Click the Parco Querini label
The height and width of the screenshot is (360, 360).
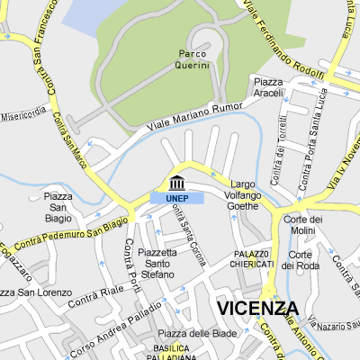point(193,59)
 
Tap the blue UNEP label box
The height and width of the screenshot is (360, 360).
point(176,198)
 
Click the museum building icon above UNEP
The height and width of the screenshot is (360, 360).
point(176,182)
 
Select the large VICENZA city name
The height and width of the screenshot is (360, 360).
point(256,309)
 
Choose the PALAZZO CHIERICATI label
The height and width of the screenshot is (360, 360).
point(254,259)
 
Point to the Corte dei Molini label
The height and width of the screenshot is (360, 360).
point(302,225)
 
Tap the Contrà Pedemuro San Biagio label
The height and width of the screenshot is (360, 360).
point(72,232)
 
